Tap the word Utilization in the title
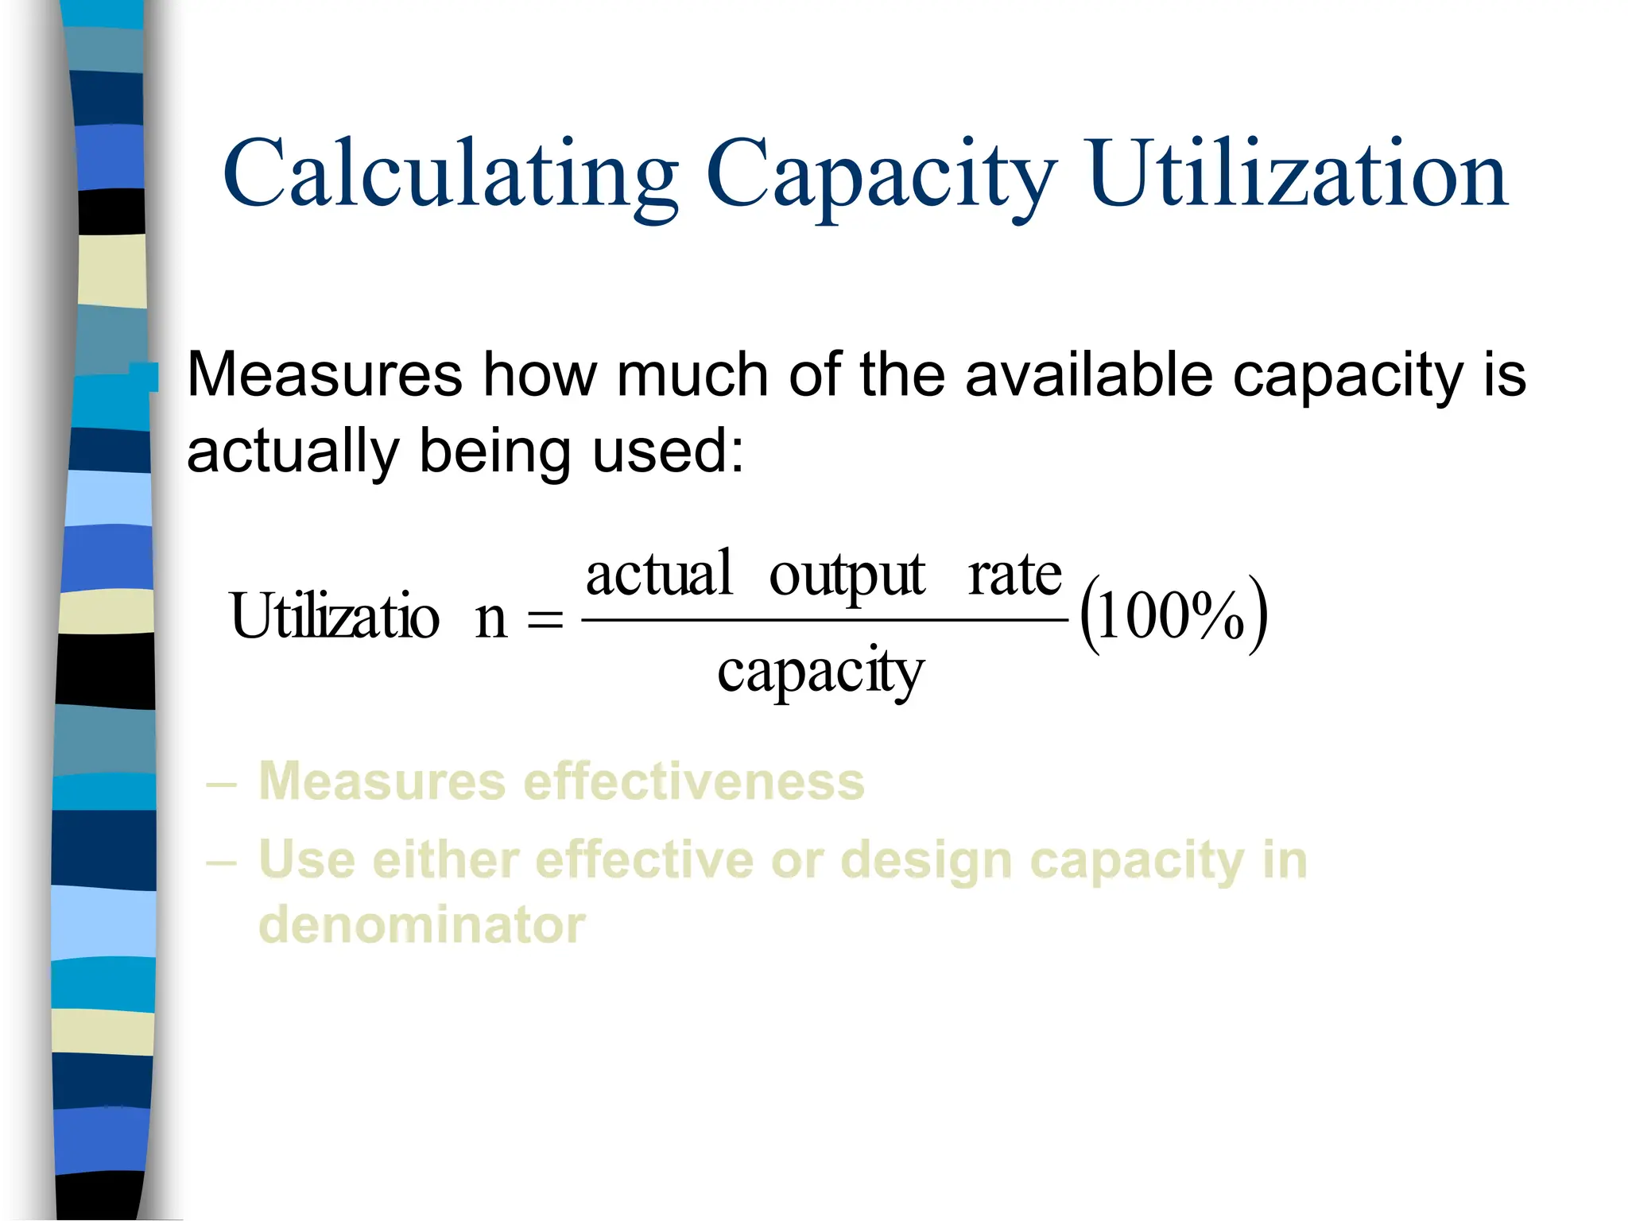pyautogui.click(x=1298, y=173)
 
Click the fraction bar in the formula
pyautogui.click(x=824, y=620)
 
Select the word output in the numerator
pyautogui.click(x=847, y=576)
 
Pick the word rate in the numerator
pyautogui.click(x=1014, y=576)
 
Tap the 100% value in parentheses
pyautogui.click(x=1173, y=616)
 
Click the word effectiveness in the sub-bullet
pyautogui.click(x=694, y=781)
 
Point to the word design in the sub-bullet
pyautogui.click(x=925, y=862)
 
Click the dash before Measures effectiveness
pyautogui.click(x=221, y=784)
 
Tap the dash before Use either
pyautogui.click(x=221, y=862)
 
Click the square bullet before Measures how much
pyautogui.click(x=145, y=377)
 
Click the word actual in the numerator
pyautogui.click(x=658, y=574)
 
